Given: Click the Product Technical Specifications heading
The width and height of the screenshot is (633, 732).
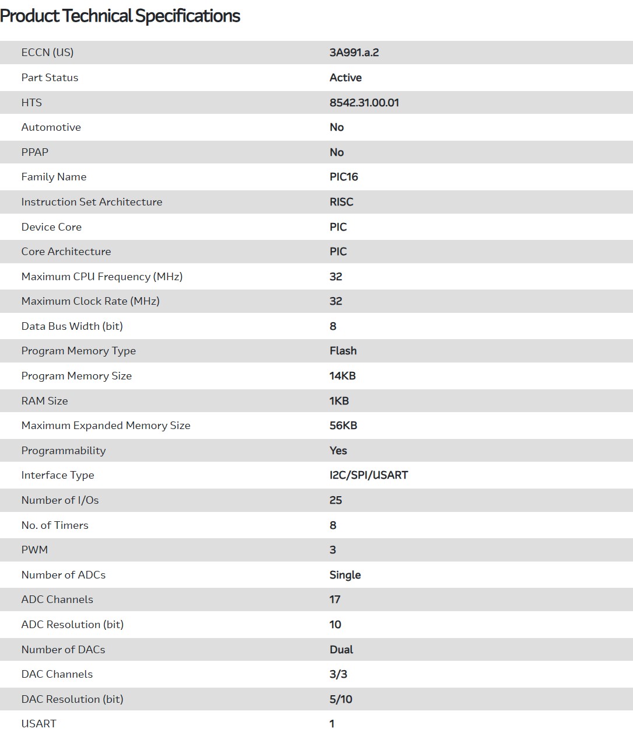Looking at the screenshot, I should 120,16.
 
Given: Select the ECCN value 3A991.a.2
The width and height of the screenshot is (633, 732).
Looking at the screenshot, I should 354,53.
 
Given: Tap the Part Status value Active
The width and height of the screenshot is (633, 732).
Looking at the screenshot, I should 345,78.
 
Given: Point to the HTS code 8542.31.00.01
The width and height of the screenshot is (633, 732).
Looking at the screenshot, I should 364,103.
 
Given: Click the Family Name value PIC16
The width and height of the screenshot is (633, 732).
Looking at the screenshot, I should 344,177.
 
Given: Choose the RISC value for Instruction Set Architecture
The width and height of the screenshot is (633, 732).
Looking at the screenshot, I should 341,202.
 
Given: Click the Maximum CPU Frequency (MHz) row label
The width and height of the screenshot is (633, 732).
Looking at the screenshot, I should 102,277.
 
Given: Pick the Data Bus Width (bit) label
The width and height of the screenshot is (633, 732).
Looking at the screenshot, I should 72,326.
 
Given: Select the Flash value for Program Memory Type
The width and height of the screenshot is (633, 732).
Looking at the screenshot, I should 343,351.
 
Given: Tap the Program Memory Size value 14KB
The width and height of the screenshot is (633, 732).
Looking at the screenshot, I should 342,376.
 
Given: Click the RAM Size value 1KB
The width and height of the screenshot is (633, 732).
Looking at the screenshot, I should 339,401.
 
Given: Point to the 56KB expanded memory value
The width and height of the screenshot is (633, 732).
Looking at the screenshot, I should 343,426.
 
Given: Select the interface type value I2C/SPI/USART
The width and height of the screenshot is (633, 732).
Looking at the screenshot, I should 369,475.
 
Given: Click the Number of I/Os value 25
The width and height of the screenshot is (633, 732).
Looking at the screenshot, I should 335,500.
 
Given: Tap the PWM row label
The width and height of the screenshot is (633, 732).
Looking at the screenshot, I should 34,550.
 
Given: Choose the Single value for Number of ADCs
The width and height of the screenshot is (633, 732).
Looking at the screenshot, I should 345,575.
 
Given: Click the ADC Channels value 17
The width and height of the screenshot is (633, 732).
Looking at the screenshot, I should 335,599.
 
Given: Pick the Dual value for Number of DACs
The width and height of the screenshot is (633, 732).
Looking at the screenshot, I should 341,650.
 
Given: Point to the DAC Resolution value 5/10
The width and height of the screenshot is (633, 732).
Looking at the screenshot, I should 341,699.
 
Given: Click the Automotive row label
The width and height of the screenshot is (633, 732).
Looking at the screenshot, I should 51,127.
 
